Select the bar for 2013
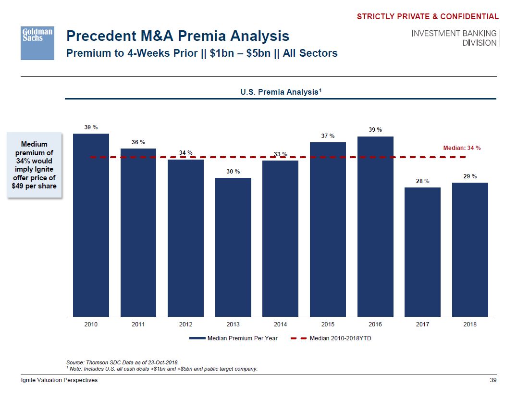(x=233, y=247)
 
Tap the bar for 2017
(x=422, y=252)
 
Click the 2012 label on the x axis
(x=185, y=324)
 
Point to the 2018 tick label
(x=470, y=324)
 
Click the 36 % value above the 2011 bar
(x=138, y=142)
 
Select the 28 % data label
(x=423, y=181)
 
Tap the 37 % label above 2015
(x=328, y=136)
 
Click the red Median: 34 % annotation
(x=461, y=148)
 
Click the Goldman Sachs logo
(x=37, y=43)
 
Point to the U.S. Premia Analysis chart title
(x=281, y=91)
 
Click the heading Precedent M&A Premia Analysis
(x=178, y=36)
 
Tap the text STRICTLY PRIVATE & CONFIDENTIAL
(x=428, y=17)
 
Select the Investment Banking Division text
(x=454, y=38)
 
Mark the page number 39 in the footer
(x=492, y=380)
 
